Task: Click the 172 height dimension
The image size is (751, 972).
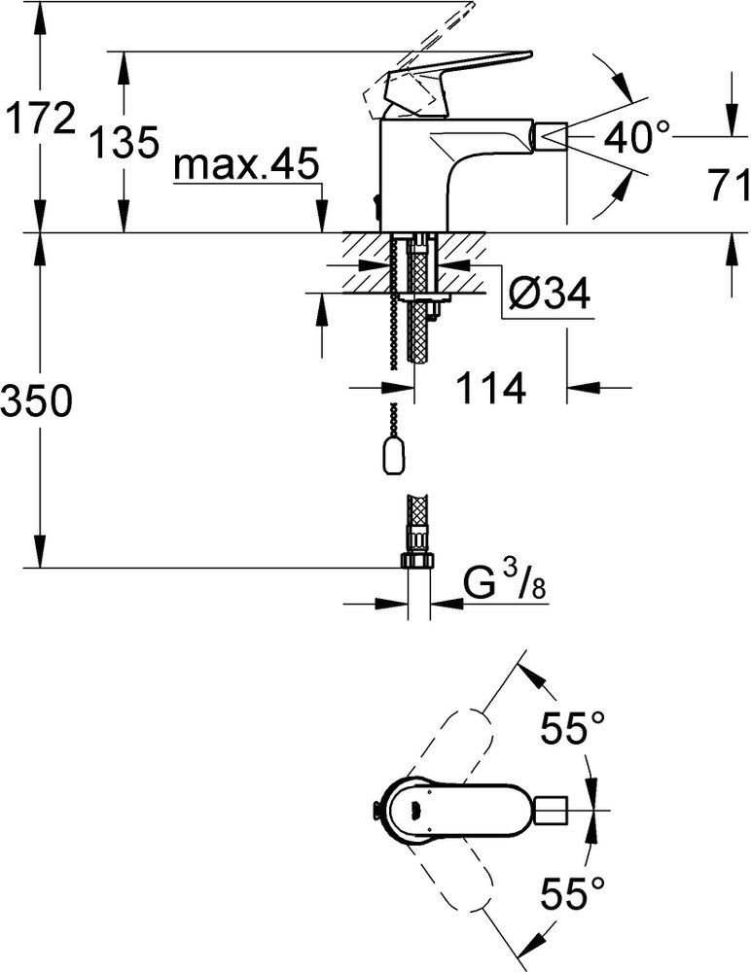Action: (x=39, y=119)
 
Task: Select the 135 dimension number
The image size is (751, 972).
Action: (x=125, y=142)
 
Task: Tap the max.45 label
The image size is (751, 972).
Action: (x=246, y=164)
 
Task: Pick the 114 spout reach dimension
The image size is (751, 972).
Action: (x=491, y=389)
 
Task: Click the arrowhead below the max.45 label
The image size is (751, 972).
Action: (x=322, y=215)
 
